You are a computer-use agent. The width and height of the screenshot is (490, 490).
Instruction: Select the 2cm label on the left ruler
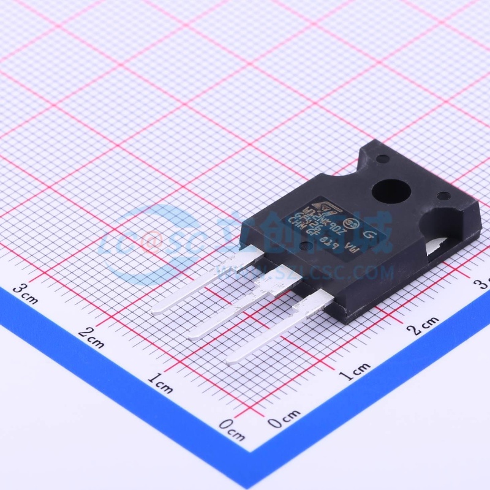point(91,337)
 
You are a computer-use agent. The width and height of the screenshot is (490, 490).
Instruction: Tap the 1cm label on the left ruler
point(160,385)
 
